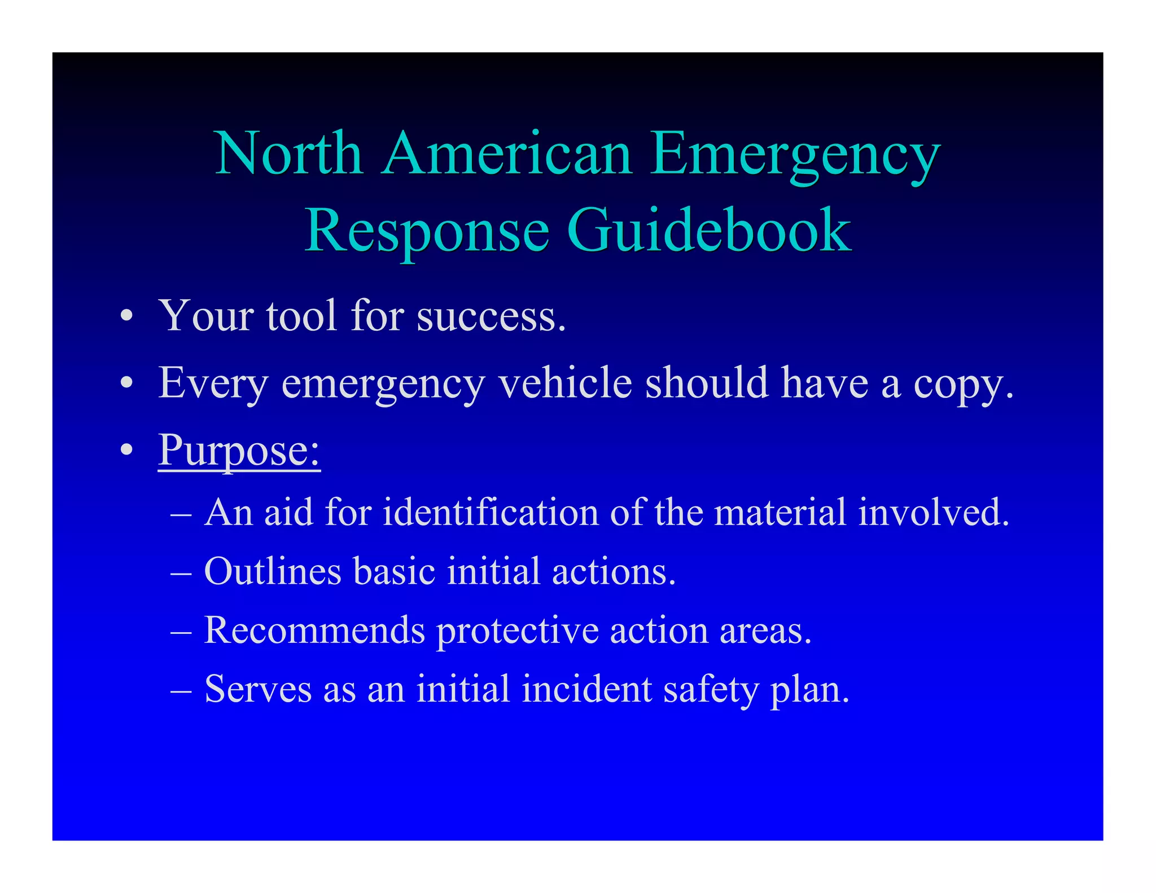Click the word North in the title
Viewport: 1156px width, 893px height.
click(288, 154)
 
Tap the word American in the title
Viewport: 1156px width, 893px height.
click(506, 154)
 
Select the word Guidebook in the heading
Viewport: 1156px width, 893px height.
click(708, 230)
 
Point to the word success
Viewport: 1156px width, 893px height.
click(491, 316)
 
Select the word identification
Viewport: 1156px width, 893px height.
click(491, 512)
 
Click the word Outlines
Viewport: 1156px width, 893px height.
click(273, 571)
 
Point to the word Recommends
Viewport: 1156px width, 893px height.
click(314, 630)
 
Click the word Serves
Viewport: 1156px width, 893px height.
click(258, 689)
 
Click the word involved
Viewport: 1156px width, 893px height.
click(934, 512)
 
